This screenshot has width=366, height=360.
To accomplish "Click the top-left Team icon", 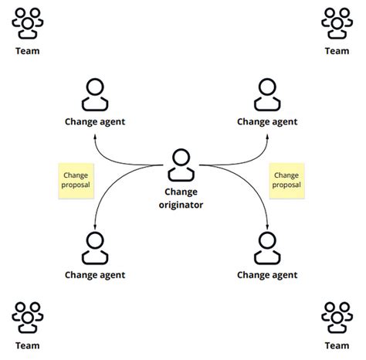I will coord(28,23).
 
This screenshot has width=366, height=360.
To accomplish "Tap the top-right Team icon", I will coord(337,23).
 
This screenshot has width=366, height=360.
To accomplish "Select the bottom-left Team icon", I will coord(28,317).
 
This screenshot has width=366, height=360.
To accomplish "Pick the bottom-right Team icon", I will coord(337,317).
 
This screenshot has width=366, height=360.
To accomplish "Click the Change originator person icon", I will coord(181,165).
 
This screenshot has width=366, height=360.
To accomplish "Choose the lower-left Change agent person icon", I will coord(95,248).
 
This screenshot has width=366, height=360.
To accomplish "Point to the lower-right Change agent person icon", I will coord(267,248).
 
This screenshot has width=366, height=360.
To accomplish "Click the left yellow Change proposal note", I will coord(76,181).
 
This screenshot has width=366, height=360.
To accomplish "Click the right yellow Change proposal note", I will coord(286,181).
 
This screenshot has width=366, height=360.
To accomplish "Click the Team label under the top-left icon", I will coord(28,51).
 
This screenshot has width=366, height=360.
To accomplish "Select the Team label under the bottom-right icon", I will coord(337,345).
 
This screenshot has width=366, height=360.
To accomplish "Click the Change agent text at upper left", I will coord(95,121).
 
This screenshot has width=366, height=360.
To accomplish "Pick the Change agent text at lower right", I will coord(267,274).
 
